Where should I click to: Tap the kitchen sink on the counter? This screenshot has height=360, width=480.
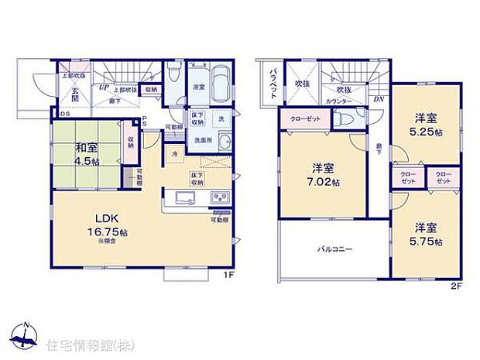point(188,200)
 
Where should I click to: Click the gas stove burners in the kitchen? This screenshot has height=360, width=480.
point(219,199)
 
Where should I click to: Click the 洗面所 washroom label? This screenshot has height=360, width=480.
point(203,140)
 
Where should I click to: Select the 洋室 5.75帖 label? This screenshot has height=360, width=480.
point(427,235)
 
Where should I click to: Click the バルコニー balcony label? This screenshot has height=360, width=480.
point(335,250)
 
